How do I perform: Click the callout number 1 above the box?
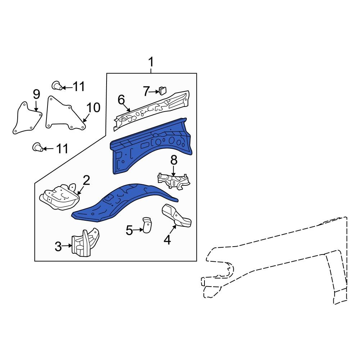click(x=151, y=63)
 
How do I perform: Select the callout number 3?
click(x=58, y=247)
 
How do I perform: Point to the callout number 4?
click(x=167, y=239)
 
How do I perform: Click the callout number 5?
click(x=130, y=230)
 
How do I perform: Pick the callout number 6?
click(x=121, y=99)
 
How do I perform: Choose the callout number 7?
click(x=146, y=92)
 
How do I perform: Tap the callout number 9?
click(x=36, y=94)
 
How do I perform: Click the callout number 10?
click(x=93, y=107)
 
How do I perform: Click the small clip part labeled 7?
click(x=163, y=89)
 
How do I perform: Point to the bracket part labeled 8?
click(x=174, y=180)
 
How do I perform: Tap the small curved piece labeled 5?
click(x=147, y=225)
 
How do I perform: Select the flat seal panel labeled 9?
click(x=27, y=119)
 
